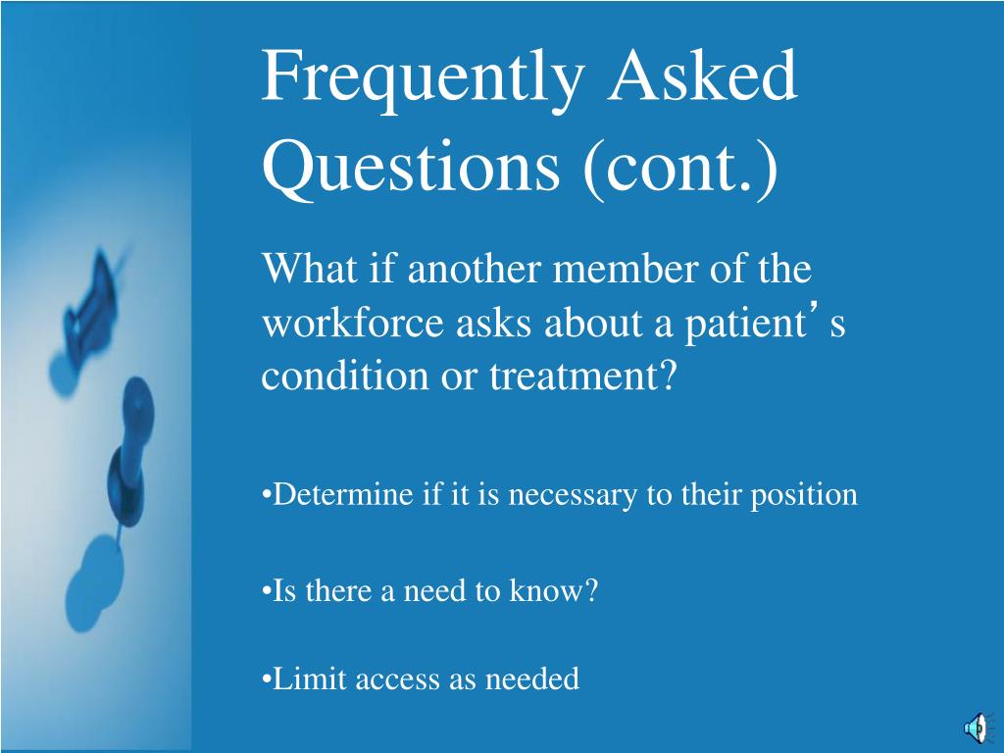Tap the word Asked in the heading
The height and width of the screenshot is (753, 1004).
[x=702, y=75]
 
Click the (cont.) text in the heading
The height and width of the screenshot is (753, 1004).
[x=680, y=169]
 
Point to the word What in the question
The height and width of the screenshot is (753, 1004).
[x=310, y=268]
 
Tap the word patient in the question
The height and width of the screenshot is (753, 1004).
[x=746, y=325]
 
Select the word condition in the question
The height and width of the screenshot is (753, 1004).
[x=344, y=375]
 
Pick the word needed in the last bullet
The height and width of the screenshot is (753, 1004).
[x=532, y=678]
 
